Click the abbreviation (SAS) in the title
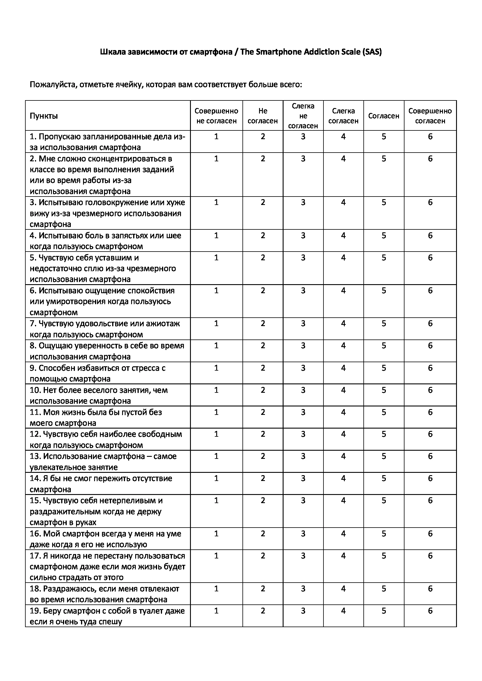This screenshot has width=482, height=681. pos(372,52)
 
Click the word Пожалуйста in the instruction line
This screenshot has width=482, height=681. pos(50,85)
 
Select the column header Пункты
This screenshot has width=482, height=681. pos(44,116)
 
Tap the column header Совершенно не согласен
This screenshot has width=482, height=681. pos(216,116)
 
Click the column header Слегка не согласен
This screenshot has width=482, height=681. pos(303,116)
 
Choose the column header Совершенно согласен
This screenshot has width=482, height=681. pos(430,116)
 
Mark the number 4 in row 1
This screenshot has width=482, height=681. pos(343,137)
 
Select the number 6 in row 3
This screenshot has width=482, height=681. pos(430,202)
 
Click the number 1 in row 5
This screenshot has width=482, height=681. pos(216,257)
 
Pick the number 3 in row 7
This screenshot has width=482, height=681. pos(303,323)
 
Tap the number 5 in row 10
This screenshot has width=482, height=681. pos(384,390)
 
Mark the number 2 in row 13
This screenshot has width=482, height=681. pos(263,456)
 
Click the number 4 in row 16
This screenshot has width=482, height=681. pos(343,534)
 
